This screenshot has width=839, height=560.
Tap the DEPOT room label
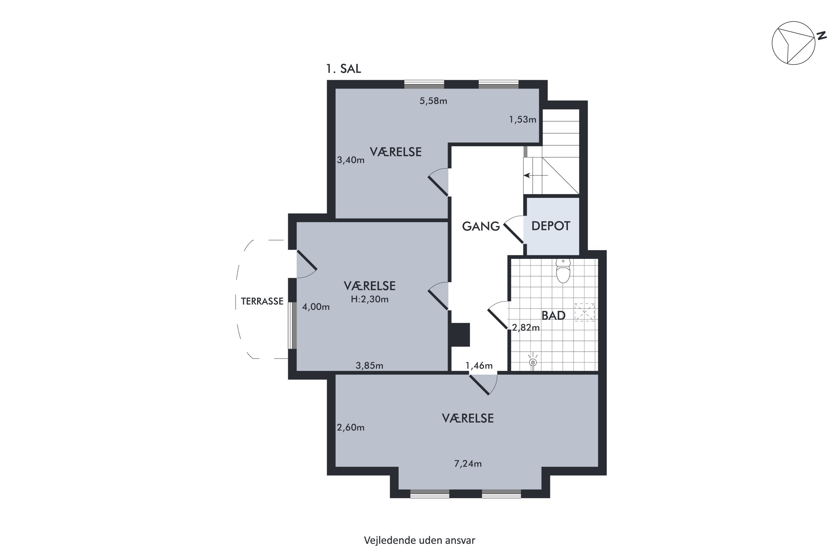click(551, 226)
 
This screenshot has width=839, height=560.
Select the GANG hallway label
click(481, 226)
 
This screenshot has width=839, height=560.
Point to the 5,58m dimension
click(433, 101)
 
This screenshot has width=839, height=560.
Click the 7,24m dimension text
click(468, 464)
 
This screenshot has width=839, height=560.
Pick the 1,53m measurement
click(523, 120)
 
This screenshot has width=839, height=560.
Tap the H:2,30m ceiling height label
click(369, 299)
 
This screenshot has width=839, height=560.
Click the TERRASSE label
click(262, 302)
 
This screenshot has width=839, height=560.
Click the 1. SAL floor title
click(343, 69)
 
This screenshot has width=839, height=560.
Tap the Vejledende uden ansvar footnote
click(419, 540)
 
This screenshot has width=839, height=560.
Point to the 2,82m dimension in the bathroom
click(526, 328)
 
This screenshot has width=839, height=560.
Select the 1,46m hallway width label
click(479, 366)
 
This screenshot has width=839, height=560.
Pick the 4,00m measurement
click(316, 307)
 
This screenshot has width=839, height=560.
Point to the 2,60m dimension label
click(351, 428)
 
